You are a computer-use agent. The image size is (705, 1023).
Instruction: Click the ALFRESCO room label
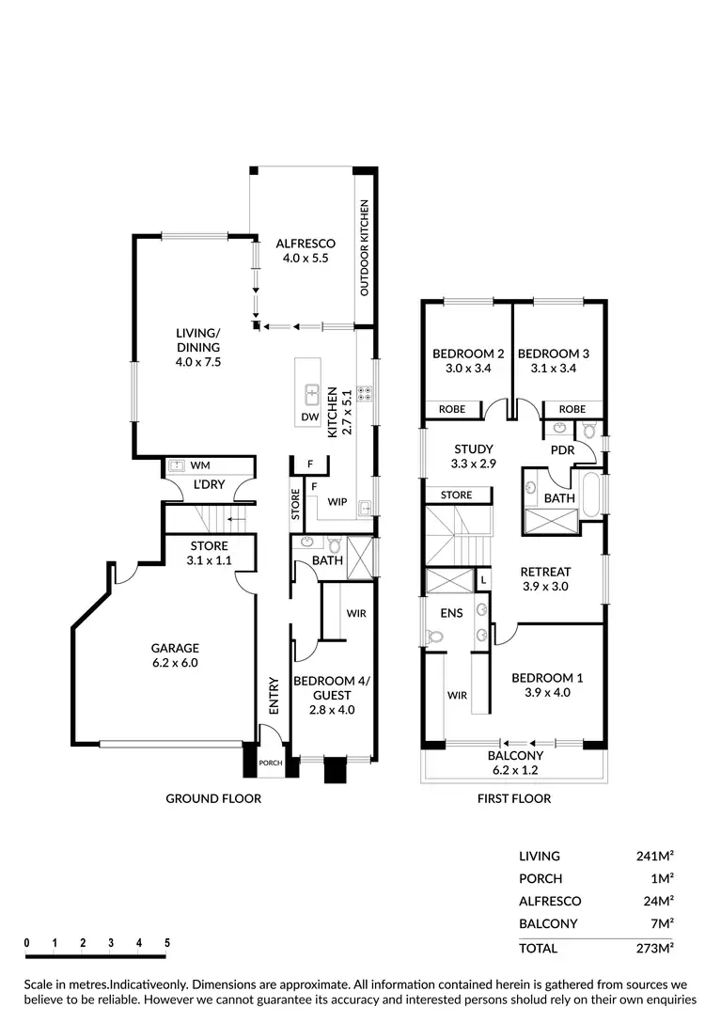click(305, 244)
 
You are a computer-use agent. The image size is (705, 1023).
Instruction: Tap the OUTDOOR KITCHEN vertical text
click(365, 248)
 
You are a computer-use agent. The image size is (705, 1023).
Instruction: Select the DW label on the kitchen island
click(309, 416)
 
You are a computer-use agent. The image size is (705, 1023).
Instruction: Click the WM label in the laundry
click(200, 464)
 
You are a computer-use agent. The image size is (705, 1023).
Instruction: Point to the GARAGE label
click(175, 648)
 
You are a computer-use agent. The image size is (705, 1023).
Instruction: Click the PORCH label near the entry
click(271, 763)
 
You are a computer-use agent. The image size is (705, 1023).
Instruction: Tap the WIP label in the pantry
click(337, 502)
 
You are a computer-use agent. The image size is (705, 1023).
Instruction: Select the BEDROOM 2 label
click(468, 354)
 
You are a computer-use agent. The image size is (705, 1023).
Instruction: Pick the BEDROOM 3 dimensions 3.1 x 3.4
click(554, 369)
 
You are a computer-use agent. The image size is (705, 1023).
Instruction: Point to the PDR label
click(562, 450)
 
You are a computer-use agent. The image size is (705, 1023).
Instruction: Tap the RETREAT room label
click(546, 571)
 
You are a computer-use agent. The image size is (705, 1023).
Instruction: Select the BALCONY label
click(514, 755)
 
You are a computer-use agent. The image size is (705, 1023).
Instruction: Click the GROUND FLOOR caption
click(213, 798)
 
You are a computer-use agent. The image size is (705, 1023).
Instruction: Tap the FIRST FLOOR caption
click(513, 798)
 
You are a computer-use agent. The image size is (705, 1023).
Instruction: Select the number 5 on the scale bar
click(167, 942)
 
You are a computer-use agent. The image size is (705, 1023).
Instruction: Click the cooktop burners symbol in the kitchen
click(362, 394)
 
